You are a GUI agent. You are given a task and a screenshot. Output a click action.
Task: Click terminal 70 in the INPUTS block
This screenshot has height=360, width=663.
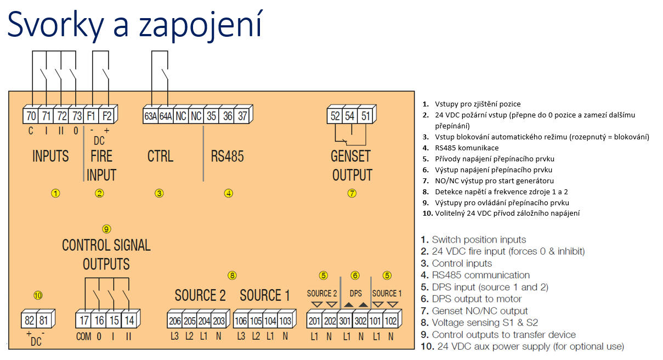click(x=31, y=116)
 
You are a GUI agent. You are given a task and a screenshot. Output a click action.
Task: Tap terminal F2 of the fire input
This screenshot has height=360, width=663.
click(x=108, y=116)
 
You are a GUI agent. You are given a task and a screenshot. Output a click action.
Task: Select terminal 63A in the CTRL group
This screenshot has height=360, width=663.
click(x=151, y=116)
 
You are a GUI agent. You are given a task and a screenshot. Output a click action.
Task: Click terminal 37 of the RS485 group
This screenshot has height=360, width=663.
click(x=243, y=116)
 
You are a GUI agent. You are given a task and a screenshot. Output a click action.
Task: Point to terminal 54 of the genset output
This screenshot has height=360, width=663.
click(x=350, y=116)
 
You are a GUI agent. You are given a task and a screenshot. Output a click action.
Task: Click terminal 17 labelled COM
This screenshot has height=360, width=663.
click(x=84, y=320)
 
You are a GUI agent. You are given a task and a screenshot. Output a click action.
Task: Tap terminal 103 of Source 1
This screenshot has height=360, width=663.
click(x=285, y=320)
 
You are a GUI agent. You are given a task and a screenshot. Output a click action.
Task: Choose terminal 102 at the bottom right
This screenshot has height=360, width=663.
click(x=390, y=320)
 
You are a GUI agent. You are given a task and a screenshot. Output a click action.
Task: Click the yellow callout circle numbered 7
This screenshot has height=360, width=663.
click(x=352, y=193)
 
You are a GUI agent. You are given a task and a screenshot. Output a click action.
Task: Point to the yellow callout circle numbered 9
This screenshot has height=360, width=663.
click(x=107, y=229)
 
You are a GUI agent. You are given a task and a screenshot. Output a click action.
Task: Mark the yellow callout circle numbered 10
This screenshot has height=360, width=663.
click(x=37, y=295)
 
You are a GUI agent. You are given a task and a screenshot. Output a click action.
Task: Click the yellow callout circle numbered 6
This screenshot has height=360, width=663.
click(x=355, y=275)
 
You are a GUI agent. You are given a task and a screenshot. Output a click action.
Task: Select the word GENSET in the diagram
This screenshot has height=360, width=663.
click(x=351, y=156)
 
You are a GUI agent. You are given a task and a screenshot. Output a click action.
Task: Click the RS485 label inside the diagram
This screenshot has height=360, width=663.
click(x=227, y=156)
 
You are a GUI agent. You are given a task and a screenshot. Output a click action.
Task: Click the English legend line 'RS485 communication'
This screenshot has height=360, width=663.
click(x=480, y=275)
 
